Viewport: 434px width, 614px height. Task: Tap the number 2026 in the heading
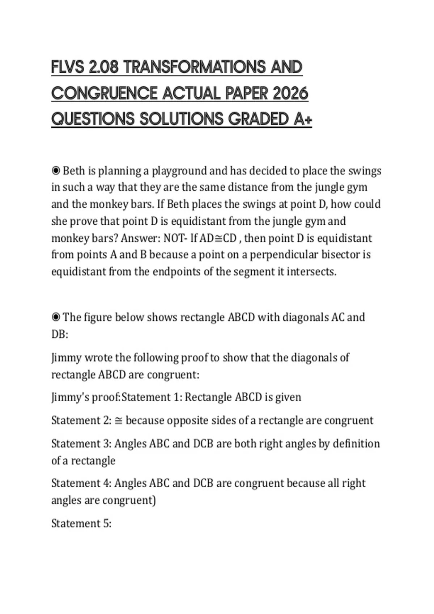coord(290,94)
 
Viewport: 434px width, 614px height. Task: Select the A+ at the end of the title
coord(303,119)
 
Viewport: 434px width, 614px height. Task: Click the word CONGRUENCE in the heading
coord(103,94)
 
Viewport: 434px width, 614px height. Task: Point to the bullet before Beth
coord(56,170)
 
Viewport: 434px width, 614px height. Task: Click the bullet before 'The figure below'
coord(56,317)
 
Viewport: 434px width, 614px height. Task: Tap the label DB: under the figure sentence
coord(60,334)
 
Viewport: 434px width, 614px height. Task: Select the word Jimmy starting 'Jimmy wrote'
coord(66,358)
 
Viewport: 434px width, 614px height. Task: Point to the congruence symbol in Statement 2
coord(119,421)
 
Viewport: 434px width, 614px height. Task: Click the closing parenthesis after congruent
coord(154,501)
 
